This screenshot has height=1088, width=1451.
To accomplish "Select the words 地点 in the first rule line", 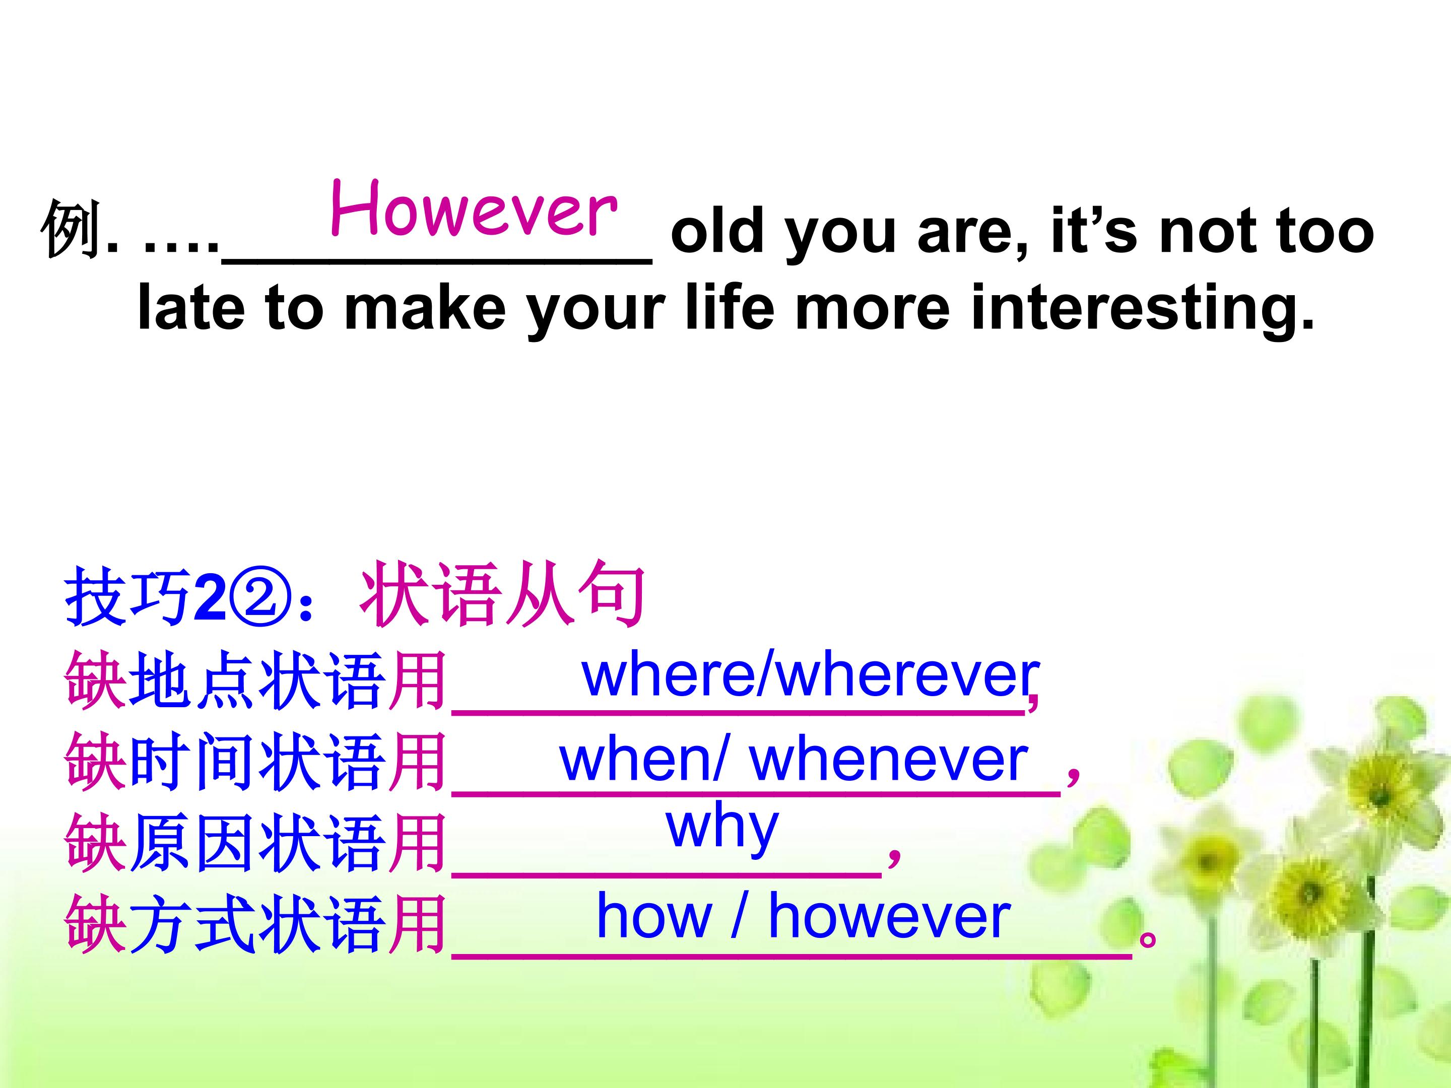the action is click(192, 680).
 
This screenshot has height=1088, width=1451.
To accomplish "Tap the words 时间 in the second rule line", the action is click(192, 763).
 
